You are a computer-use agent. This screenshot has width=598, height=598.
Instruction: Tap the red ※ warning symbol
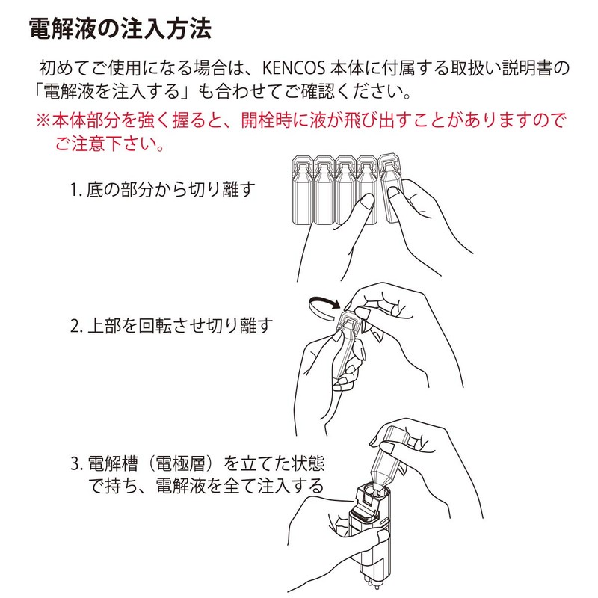(x=43, y=120)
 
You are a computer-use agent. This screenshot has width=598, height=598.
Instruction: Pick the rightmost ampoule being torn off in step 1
(x=392, y=187)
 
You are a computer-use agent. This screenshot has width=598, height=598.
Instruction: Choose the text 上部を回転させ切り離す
(x=180, y=326)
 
